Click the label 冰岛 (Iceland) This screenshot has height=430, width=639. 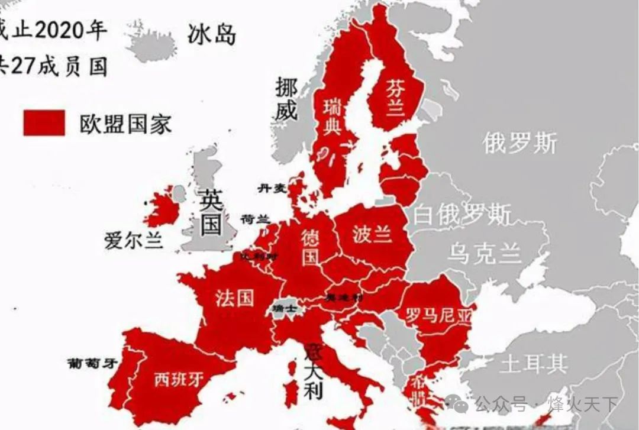[x=212, y=35]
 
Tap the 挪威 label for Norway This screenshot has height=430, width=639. [x=286, y=99]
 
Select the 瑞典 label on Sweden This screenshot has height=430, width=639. [x=332, y=117]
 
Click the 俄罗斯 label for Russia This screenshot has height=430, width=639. [x=520, y=143]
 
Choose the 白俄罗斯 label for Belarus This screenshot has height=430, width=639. [x=462, y=214]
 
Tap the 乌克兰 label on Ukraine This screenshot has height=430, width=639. [x=485, y=253]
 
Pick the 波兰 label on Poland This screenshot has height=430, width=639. [x=372, y=234]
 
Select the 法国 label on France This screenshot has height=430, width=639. [x=234, y=298]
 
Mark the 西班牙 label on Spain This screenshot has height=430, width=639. [x=179, y=379]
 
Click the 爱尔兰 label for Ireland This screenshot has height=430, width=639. [x=134, y=241]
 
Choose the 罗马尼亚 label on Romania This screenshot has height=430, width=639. [x=439, y=315]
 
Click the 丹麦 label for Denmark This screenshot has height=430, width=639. [x=272, y=188]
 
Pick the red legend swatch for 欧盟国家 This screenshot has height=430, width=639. [x=44, y=123]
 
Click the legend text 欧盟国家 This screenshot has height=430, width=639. [x=125, y=124]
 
